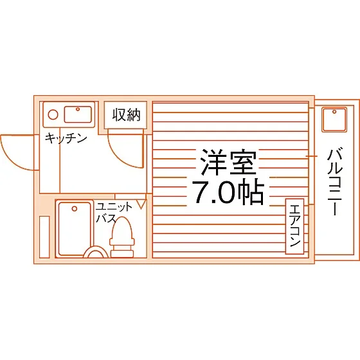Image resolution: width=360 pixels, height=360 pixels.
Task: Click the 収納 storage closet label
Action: click(x=126, y=115)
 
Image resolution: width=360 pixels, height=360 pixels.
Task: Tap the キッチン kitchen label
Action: click(x=66, y=138)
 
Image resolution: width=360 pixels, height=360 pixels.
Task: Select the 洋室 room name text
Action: click(x=228, y=162)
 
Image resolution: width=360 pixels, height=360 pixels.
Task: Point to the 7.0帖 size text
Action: click(x=228, y=192)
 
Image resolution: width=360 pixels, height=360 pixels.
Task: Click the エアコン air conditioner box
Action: click(x=295, y=226)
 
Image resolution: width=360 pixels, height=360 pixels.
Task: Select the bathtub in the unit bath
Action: click(x=75, y=229)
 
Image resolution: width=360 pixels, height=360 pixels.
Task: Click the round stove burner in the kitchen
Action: click(x=53, y=114)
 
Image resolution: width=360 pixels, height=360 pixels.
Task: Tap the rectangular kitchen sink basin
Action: click(x=78, y=114)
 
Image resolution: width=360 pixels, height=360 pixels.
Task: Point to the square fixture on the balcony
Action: click(x=334, y=120)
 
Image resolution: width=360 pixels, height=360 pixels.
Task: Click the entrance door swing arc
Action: click(x=12, y=158)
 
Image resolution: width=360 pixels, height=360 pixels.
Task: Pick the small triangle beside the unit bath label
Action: click(x=141, y=204)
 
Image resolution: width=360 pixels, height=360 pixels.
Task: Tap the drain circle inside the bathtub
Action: click(x=74, y=209)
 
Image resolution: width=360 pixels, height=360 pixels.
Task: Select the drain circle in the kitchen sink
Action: click(x=78, y=109)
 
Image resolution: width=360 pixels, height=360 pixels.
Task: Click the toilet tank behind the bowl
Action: click(x=122, y=253)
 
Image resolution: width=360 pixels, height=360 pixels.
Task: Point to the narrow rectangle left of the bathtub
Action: click(x=44, y=237)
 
